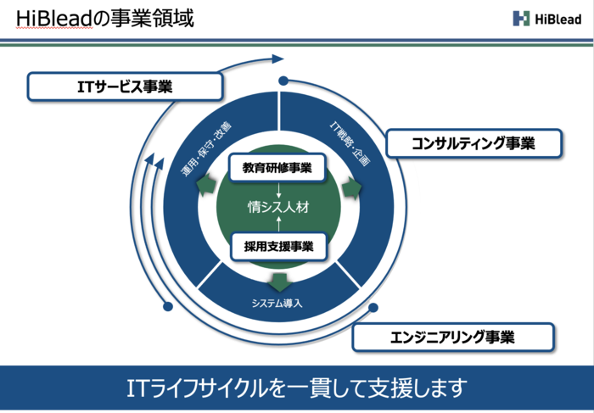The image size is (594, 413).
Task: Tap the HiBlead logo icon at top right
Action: click(520, 18)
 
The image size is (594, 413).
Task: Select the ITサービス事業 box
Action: click(125, 86)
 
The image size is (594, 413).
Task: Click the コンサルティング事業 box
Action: click(474, 142)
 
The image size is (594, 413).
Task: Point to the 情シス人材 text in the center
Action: click(277, 206)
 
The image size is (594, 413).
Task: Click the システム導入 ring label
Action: click(277, 302)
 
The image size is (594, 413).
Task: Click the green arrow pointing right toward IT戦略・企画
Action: click(351, 188)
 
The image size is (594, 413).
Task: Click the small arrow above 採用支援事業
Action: click(277, 226)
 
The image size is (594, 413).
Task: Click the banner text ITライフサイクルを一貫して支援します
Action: click(296, 388)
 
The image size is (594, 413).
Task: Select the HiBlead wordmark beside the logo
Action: click(558, 18)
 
